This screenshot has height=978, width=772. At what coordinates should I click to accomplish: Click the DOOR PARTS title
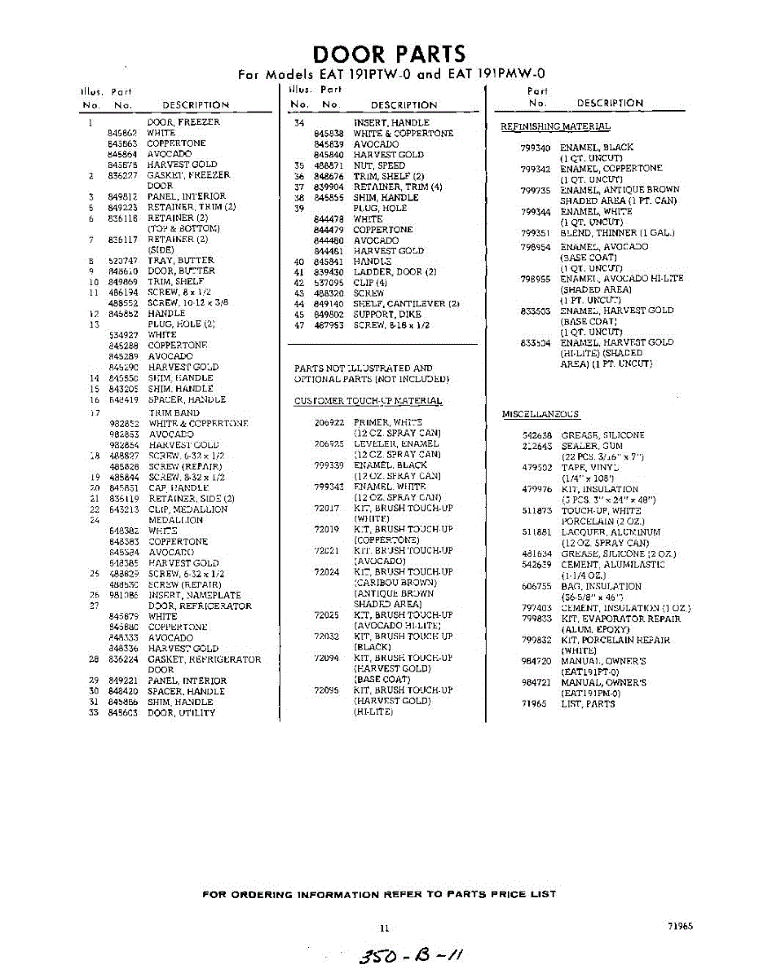click(390, 55)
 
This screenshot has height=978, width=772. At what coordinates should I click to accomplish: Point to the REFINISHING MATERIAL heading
click(554, 126)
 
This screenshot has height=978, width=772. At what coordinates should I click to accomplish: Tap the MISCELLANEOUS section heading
click(540, 415)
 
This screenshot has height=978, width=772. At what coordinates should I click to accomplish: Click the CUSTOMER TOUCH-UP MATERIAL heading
click(368, 401)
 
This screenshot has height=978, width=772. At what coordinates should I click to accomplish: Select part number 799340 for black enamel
click(535, 148)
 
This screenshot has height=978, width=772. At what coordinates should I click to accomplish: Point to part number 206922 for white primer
click(329, 423)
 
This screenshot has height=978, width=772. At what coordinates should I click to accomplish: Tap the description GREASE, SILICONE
click(602, 436)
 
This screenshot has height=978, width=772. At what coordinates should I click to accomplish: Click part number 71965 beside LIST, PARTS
click(534, 704)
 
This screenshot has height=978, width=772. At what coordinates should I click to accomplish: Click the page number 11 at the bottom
click(385, 927)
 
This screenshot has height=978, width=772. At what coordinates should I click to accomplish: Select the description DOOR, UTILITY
click(181, 713)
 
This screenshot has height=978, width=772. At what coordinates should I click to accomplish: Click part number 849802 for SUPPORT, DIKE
click(328, 314)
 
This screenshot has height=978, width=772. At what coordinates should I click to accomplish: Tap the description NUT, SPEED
click(379, 165)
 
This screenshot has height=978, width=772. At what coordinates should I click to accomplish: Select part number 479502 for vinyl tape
click(536, 468)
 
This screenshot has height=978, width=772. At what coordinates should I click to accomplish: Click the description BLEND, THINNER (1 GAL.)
click(617, 233)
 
